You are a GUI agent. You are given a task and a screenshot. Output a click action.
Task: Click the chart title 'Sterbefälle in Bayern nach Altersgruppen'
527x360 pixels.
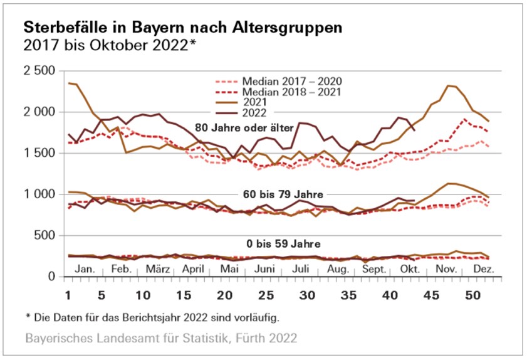[183, 28]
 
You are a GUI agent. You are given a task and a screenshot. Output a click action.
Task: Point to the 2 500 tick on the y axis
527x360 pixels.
[38, 70]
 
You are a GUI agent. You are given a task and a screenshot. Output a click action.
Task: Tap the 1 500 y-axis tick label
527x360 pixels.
[38, 153]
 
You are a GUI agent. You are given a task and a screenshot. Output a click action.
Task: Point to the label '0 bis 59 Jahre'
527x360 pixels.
[280, 244]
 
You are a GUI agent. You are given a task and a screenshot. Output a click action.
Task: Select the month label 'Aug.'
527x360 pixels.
[339, 268]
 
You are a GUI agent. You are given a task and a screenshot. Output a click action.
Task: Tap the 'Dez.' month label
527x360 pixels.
[484, 268]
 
